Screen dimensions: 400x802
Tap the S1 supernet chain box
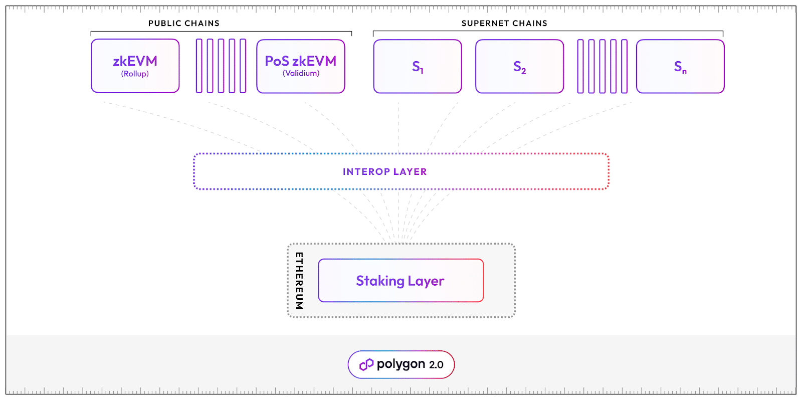[x=418, y=66]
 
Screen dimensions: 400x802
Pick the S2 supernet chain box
[x=519, y=66]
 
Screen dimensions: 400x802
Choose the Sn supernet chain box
[x=680, y=66]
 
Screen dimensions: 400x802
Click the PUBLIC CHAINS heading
[x=183, y=23]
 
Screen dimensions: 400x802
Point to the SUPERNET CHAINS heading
[x=504, y=23]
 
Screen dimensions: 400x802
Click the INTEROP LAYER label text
[x=384, y=171]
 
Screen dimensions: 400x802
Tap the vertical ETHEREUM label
[x=299, y=280]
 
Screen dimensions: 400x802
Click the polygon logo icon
[x=366, y=364]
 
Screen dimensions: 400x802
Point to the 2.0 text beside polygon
[x=436, y=365]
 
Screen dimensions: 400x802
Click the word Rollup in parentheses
[x=135, y=74]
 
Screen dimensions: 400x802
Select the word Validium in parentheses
[x=301, y=73]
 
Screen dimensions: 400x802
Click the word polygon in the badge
[x=400, y=364]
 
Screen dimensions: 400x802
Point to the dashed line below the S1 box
[x=398, y=125]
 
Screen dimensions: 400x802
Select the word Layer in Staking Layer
[x=426, y=281]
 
